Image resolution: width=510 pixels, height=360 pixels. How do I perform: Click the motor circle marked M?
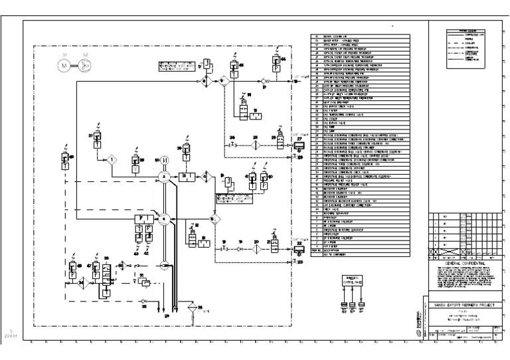pos(64,65)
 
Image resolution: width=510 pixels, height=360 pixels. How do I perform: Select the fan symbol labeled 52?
pos(85,65)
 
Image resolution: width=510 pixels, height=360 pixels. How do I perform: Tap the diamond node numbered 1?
pos(113,160)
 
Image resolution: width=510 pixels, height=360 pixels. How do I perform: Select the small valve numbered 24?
pos(232,145)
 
